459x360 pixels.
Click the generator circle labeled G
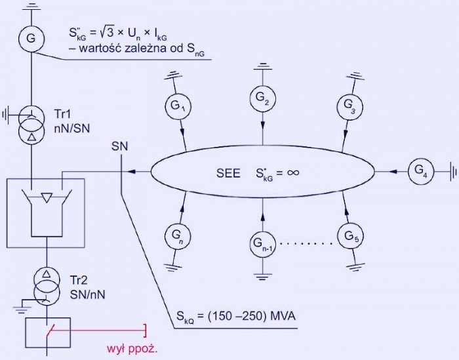[31, 39]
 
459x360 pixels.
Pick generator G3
[349, 106]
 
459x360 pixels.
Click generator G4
[421, 171]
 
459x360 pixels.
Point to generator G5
[350, 236]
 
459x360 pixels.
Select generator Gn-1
[262, 244]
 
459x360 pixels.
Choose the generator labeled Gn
[178, 236]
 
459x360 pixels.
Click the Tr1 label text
[62, 114]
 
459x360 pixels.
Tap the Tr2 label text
[79, 281]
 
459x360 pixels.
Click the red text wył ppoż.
[132, 349]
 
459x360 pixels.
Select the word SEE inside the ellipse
[228, 173]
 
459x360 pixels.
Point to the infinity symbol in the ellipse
[293, 172]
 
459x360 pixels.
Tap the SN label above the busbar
[120, 146]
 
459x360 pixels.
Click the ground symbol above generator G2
[262, 66]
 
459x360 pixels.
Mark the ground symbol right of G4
[452, 171]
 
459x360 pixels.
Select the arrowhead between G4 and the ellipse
[393, 171]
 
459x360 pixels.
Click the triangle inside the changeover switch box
[47, 198]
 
